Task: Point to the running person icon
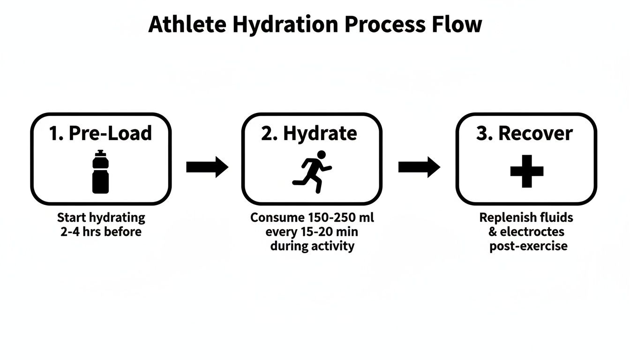[x=312, y=172]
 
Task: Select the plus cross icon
[x=526, y=171]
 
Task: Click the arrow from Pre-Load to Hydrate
[x=207, y=167]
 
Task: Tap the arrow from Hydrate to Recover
[x=419, y=167]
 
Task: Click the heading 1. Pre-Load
[x=100, y=134]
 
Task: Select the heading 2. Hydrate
[x=309, y=134]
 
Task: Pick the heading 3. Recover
[x=524, y=134]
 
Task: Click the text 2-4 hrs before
[x=101, y=232]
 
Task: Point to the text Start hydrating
[x=101, y=218]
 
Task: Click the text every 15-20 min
[x=312, y=232]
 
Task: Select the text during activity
[x=312, y=246]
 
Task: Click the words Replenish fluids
[x=526, y=218]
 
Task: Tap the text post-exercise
[x=528, y=246]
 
